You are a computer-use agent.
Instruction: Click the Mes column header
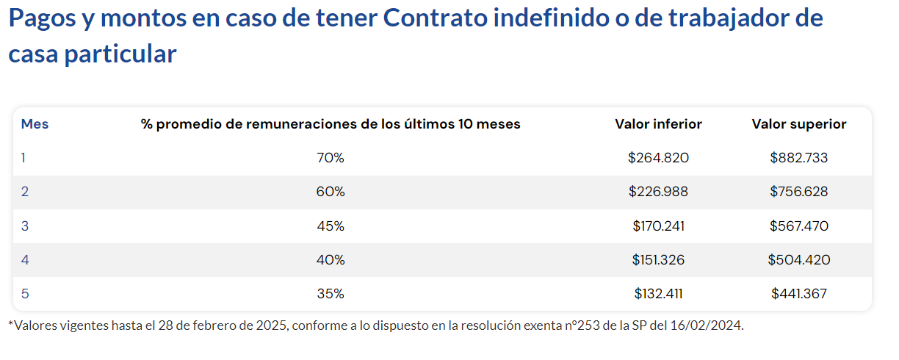[35, 124]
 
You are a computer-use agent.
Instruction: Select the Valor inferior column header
[658, 124]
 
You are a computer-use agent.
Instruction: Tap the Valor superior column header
[798, 124]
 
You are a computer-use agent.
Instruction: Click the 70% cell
[331, 158]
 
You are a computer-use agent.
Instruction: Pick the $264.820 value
[658, 158]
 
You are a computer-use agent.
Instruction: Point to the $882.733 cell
[798, 158]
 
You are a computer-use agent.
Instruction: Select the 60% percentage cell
[331, 192]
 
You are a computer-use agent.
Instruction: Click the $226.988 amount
[658, 192]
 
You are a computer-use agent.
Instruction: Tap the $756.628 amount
[798, 192]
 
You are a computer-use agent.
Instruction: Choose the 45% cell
[331, 226]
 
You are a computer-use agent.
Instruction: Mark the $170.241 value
[658, 226]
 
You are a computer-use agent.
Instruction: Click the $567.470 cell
[798, 226]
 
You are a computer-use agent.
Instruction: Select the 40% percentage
[331, 260]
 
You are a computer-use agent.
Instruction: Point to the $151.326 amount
[658, 260]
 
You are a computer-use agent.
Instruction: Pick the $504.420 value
[798, 260]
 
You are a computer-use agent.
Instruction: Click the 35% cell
[331, 294]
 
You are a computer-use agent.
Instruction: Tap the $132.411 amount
[658, 294]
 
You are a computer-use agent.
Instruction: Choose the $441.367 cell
[798, 294]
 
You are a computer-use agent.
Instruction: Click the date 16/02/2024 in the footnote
[712, 325]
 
